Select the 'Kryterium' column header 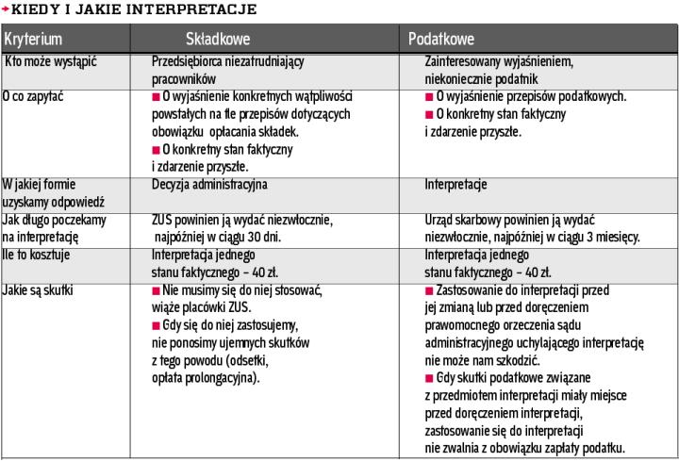33,40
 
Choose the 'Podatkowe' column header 441,40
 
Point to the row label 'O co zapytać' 33,96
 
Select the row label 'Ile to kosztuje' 37,256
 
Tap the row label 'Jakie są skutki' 37,290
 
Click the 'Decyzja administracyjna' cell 209,185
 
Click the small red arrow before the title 5,8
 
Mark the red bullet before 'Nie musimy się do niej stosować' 157,290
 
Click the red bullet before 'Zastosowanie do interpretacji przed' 430,290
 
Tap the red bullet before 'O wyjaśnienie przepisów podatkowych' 430,97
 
